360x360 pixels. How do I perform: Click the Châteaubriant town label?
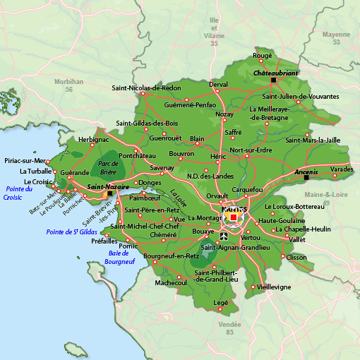point(276,73)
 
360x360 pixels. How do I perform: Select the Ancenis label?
point(306,171)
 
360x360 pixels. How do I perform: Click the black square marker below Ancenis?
point(306,177)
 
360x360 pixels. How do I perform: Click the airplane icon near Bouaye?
point(224,236)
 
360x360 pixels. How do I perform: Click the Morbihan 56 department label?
point(68,85)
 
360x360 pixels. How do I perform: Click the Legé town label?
point(220,301)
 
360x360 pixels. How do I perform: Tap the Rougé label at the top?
point(262,55)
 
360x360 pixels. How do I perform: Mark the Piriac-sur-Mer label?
point(24,160)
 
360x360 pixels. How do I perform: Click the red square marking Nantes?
point(234,217)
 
